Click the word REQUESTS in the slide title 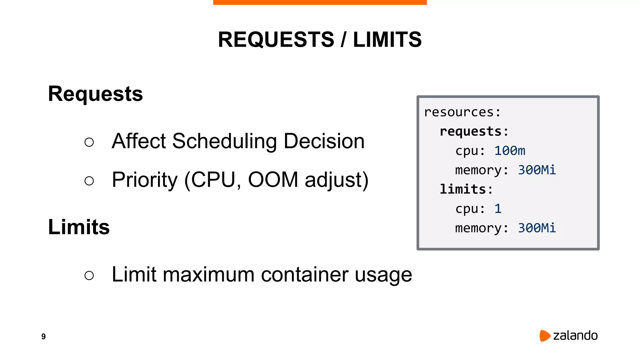click(x=276, y=40)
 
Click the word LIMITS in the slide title click(x=387, y=40)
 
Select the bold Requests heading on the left click(x=95, y=94)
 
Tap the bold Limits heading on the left click(x=79, y=227)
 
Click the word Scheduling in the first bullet click(x=224, y=141)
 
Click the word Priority click(x=145, y=180)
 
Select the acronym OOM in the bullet click(x=273, y=180)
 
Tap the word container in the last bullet click(x=305, y=274)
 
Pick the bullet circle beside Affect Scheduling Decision click(x=89, y=142)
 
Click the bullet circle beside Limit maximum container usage click(x=89, y=275)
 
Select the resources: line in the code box click(x=462, y=112)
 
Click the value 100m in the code click(x=510, y=151)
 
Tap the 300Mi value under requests click(x=537, y=170)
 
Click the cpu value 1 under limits click(x=498, y=209)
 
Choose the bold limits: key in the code click(x=466, y=189)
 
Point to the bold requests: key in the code click(x=474, y=132)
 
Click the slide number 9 click(x=43, y=336)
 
